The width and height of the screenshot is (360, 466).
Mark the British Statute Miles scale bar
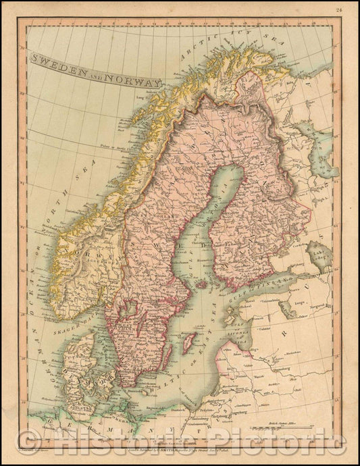tap(290, 427)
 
